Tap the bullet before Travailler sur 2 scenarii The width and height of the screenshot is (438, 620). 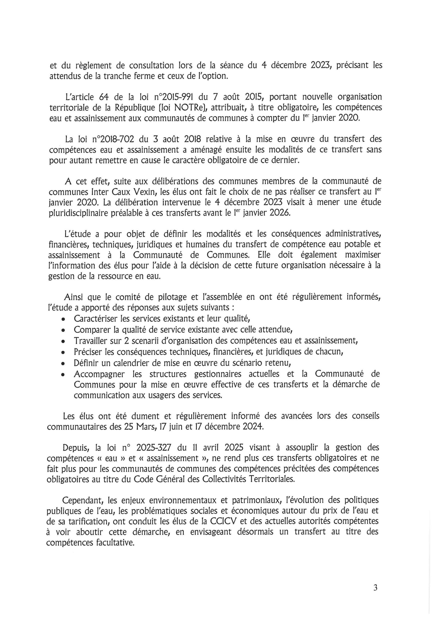point(63,341)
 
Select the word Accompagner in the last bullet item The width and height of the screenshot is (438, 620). point(99,374)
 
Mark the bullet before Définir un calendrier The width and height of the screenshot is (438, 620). point(63,363)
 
